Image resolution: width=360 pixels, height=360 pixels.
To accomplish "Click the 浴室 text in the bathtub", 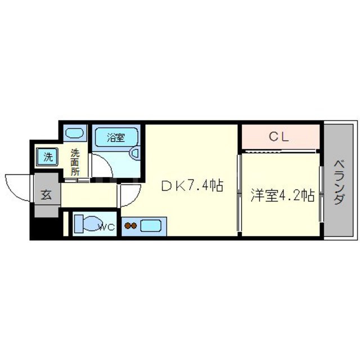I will [x=116, y=136].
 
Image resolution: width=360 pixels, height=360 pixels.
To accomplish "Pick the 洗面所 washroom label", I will [x=75, y=163].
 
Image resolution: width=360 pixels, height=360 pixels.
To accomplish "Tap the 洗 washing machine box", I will [x=48, y=157].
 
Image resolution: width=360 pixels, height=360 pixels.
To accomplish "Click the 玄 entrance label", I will [x=46, y=195].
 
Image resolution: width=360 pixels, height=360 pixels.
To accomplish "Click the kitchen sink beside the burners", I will [x=150, y=226].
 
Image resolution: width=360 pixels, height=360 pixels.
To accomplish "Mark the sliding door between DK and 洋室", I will [x=239, y=191].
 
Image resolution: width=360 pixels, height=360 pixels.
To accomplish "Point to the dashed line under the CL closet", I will [x=280, y=151].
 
